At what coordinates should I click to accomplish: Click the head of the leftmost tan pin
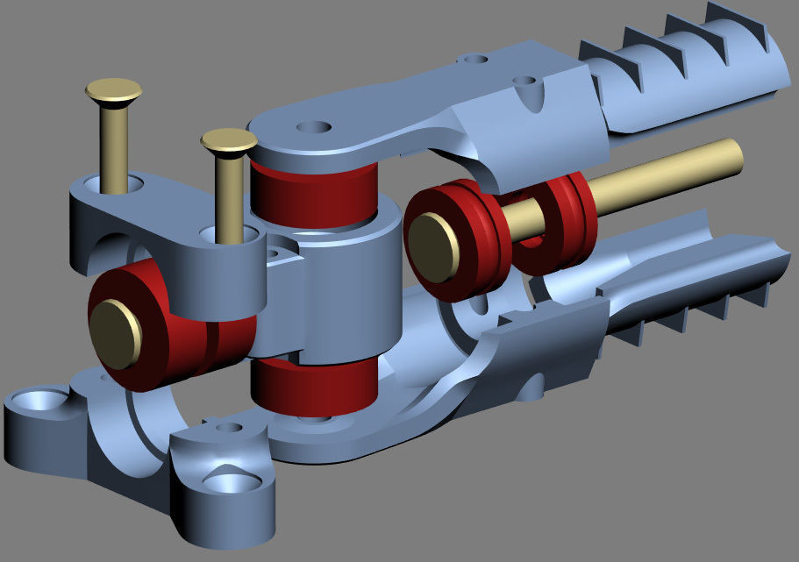[x=114, y=89]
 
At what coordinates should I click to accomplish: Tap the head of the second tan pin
[x=228, y=140]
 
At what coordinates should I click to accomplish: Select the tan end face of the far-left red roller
[x=115, y=333]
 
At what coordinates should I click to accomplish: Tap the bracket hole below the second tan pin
[x=230, y=235]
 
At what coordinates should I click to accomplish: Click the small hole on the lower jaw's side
[x=529, y=384]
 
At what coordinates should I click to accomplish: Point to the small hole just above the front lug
[x=229, y=428]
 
